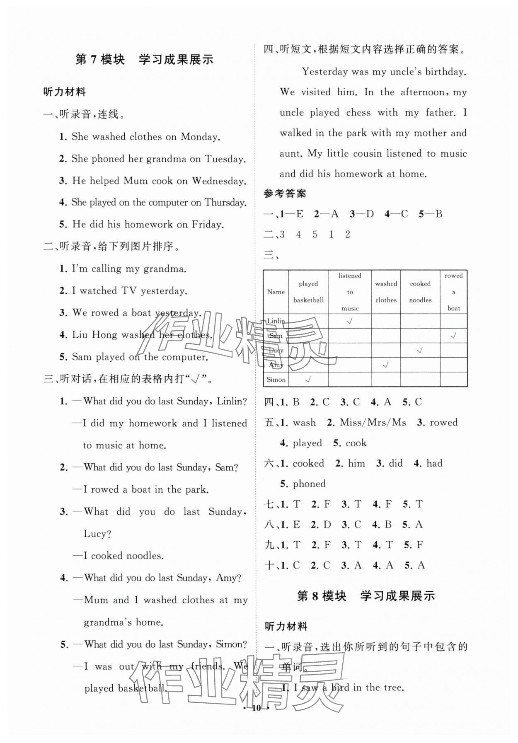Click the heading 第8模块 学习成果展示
[366, 596]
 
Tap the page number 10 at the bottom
[257, 708]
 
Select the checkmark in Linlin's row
[350, 321]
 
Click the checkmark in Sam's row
[453, 336]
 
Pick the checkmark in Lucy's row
[420, 350]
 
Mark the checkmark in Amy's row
[386, 365]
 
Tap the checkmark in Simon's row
[308, 379]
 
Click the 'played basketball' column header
[308, 292]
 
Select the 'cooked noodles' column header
[420, 292]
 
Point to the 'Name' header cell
[276, 292]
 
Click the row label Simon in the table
[276, 380]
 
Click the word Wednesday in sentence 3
[219, 181]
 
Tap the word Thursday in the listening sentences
[225, 203]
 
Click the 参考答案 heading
[285, 194]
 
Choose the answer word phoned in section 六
[309, 484]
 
